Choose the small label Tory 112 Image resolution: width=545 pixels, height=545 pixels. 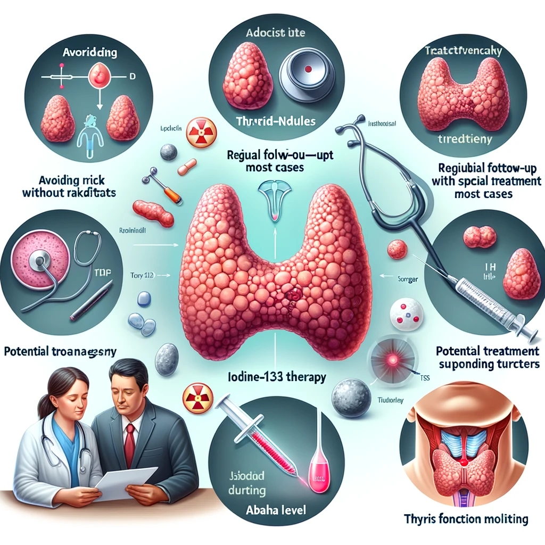tap(142, 276)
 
